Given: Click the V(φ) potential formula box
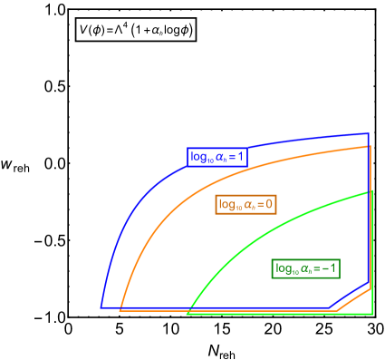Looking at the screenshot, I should pos(135,30).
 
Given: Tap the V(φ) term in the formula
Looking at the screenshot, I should pos(93,31).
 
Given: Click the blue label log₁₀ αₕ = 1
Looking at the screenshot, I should pos(217,157).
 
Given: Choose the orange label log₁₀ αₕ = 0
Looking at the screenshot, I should pos(245,205).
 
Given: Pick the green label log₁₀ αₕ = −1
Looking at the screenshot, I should pos(306,268).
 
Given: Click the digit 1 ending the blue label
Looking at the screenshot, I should pos(242,157).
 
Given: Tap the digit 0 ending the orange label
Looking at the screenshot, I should pos(269,205).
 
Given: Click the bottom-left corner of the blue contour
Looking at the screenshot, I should pos(101,308).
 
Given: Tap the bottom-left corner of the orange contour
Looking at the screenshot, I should pos(120,310).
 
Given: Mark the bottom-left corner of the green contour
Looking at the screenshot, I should pos(187,314).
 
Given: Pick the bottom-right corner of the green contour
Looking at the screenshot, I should pos(371,314).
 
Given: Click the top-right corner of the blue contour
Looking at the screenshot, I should pos(369,134).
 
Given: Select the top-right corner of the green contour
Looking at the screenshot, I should pos(371,191).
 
